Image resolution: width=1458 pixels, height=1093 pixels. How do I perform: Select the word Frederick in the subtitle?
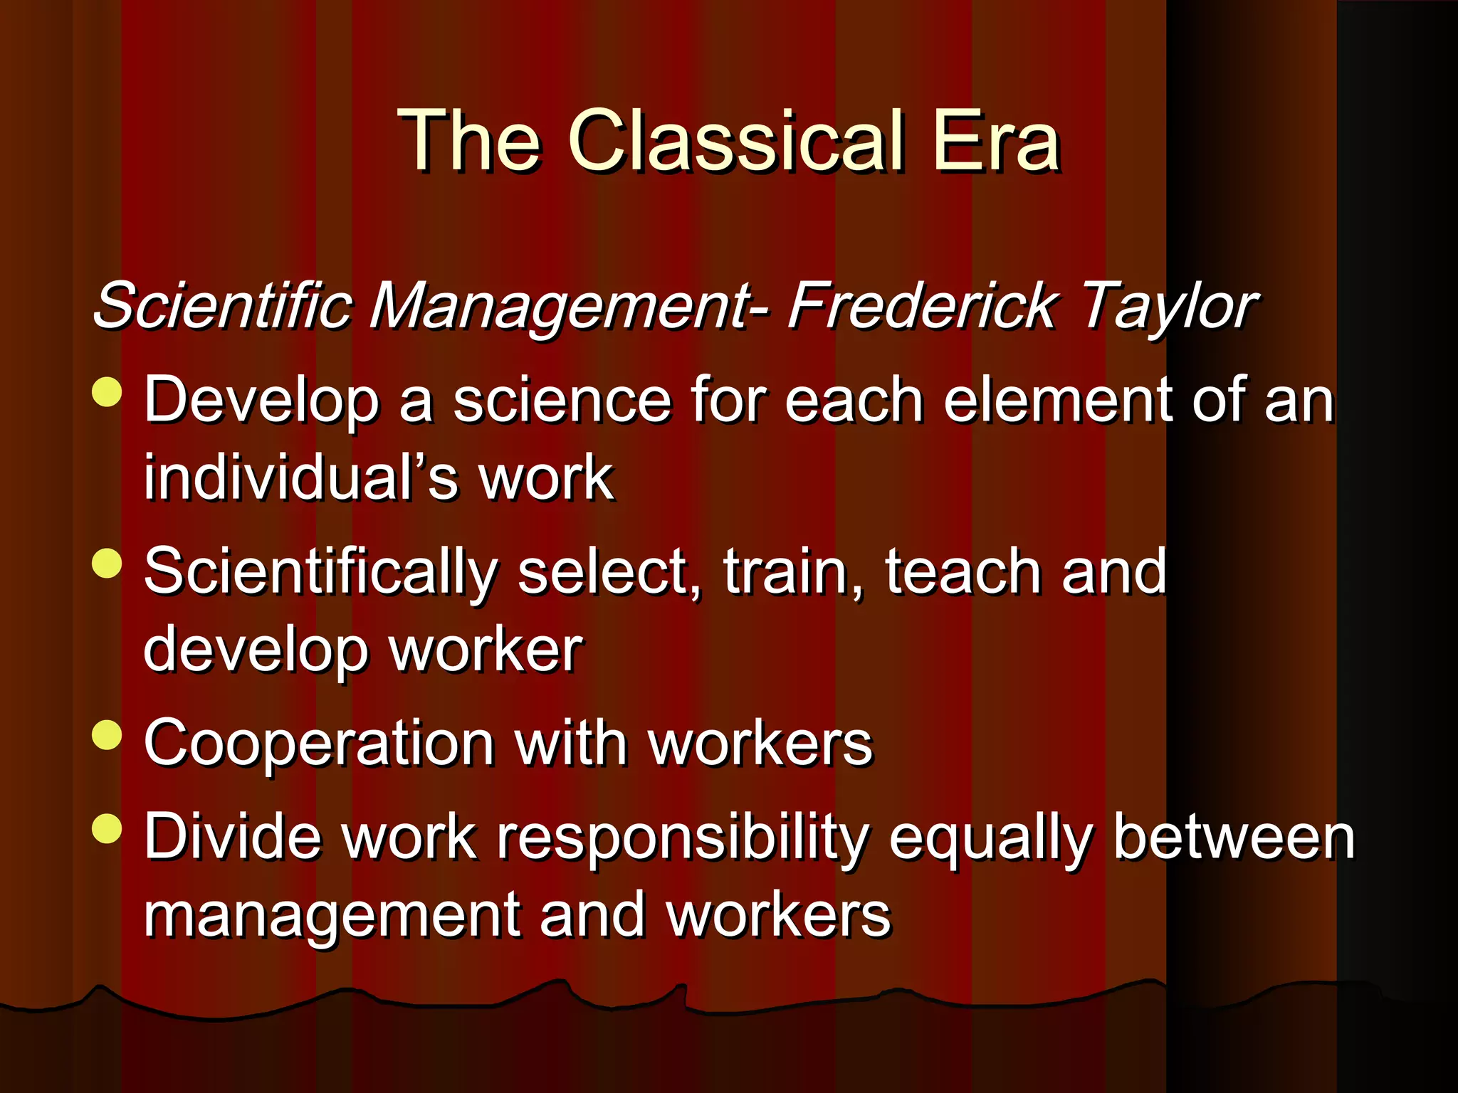[x=922, y=306]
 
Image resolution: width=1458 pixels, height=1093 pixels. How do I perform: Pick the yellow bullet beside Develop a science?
[x=107, y=392]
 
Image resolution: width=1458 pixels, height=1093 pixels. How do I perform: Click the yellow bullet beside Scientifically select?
[x=107, y=564]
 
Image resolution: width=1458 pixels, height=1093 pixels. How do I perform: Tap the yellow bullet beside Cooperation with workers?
[x=107, y=735]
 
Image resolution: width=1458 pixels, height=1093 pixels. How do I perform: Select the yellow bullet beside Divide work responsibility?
[x=107, y=828]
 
